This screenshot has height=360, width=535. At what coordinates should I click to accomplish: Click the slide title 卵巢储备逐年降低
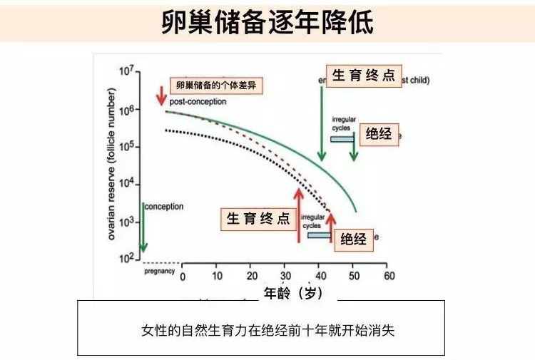pyautogui.click(x=267, y=22)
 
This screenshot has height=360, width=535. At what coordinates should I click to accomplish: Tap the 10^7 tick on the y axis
pyautogui.click(x=126, y=73)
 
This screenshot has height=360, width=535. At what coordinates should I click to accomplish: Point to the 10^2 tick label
pyautogui.click(x=126, y=257)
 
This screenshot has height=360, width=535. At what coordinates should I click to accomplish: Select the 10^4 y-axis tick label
pyautogui.click(x=126, y=184)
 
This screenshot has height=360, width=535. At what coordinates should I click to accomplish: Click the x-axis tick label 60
pyautogui.click(x=389, y=276)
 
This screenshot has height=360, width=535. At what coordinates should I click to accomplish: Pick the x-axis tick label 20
pyautogui.click(x=251, y=276)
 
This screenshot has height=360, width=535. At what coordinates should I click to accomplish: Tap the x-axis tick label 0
pyautogui.click(x=183, y=276)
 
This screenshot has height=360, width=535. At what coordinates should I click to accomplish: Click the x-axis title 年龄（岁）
pyautogui.click(x=294, y=293)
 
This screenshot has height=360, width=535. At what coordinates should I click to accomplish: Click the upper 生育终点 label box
pyautogui.click(x=362, y=76)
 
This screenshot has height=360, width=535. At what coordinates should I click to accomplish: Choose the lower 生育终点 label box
pyautogui.click(x=259, y=218)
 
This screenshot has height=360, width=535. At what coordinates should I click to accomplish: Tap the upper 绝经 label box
pyautogui.click(x=379, y=133)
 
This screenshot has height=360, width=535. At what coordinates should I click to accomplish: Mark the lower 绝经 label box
pyautogui.click(x=353, y=239)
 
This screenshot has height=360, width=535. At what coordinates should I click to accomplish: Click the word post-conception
pyautogui.click(x=198, y=102)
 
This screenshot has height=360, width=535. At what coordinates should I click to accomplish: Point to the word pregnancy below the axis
pyautogui.click(x=160, y=272)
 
